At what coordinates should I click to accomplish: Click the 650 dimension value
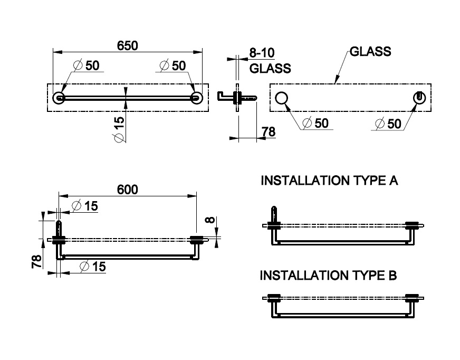127,46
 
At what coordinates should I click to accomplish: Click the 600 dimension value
127,190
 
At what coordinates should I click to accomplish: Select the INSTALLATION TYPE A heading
330,181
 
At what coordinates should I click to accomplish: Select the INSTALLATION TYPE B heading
329,276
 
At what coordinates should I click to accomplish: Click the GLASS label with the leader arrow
370,52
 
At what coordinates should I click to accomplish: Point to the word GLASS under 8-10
270,68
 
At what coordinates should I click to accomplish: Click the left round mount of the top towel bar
59,97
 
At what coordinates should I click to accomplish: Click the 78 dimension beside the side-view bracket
269,132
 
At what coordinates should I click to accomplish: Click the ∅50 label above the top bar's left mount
87,65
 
